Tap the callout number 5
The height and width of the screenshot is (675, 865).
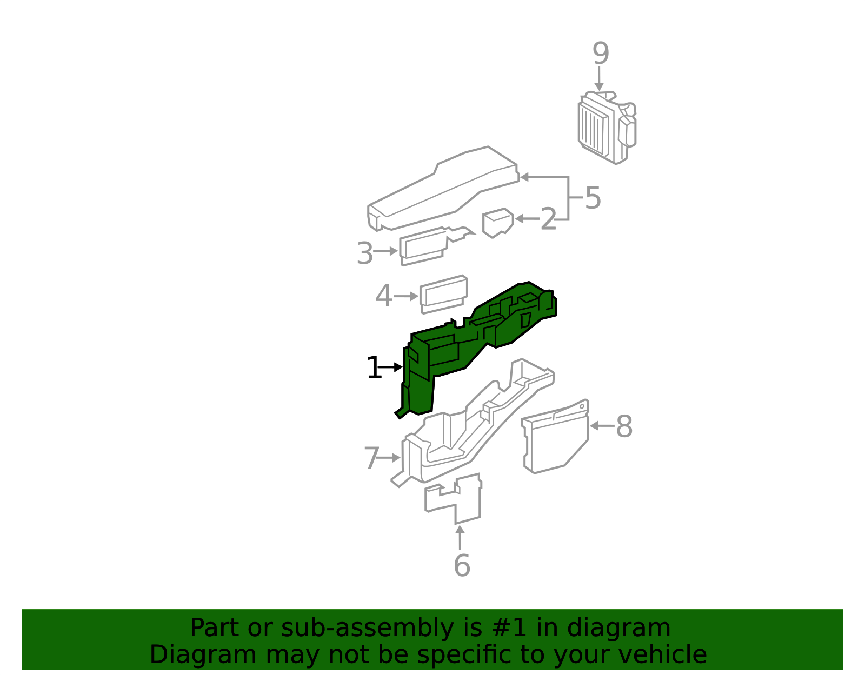tap(593, 198)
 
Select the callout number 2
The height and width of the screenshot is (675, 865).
tap(548, 219)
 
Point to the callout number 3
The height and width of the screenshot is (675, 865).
tap(365, 253)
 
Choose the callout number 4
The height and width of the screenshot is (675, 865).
tap(383, 297)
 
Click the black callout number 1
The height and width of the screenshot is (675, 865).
tap(373, 368)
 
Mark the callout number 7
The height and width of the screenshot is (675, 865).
tap(371, 458)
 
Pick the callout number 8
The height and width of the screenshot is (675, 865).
tap(624, 426)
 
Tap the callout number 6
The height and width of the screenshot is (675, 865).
tap(462, 565)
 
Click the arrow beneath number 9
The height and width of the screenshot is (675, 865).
tap(598, 78)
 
